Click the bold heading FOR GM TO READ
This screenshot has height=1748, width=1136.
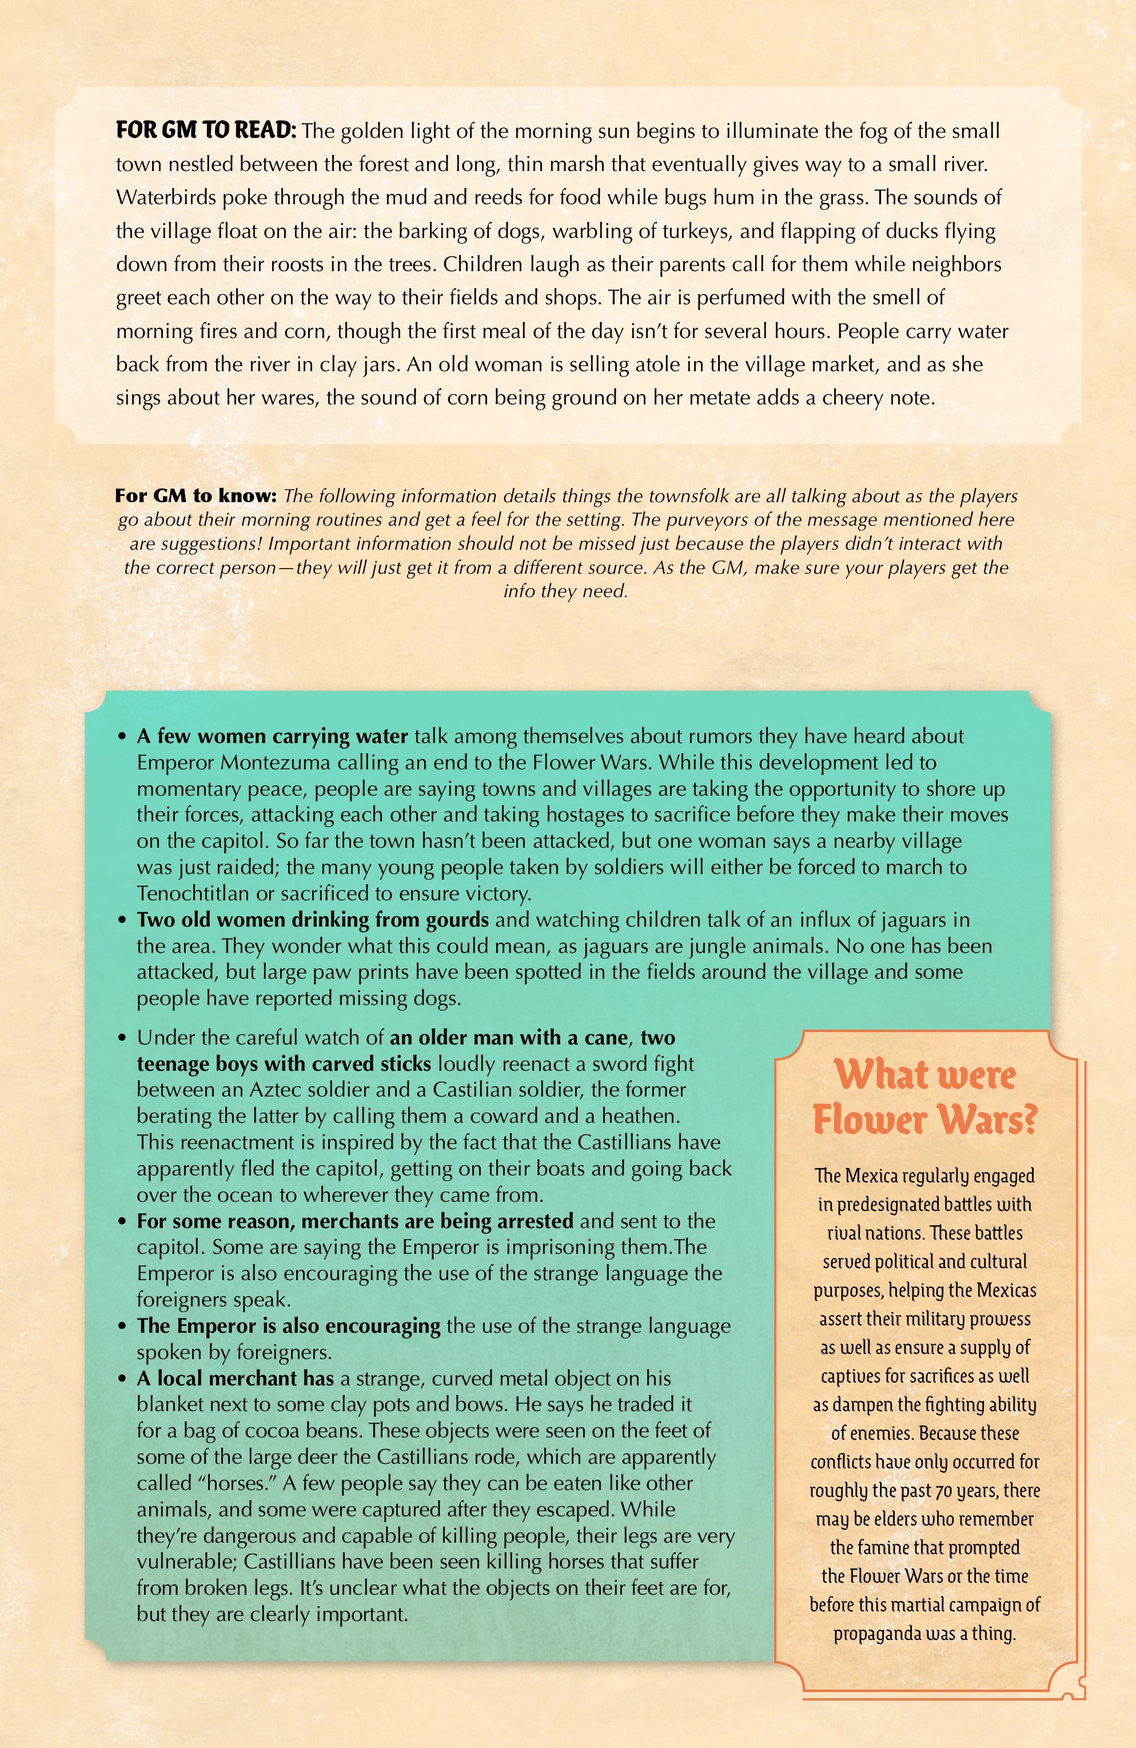[206, 131]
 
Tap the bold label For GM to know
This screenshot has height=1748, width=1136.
[196, 496]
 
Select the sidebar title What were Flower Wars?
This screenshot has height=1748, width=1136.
[924, 1097]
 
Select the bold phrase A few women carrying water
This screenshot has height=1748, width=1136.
[272, 736]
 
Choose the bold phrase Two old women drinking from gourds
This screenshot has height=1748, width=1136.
[312, 920]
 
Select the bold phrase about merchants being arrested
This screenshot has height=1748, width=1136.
[354, 1221]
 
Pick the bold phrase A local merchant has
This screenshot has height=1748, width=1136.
[235, 1378]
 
